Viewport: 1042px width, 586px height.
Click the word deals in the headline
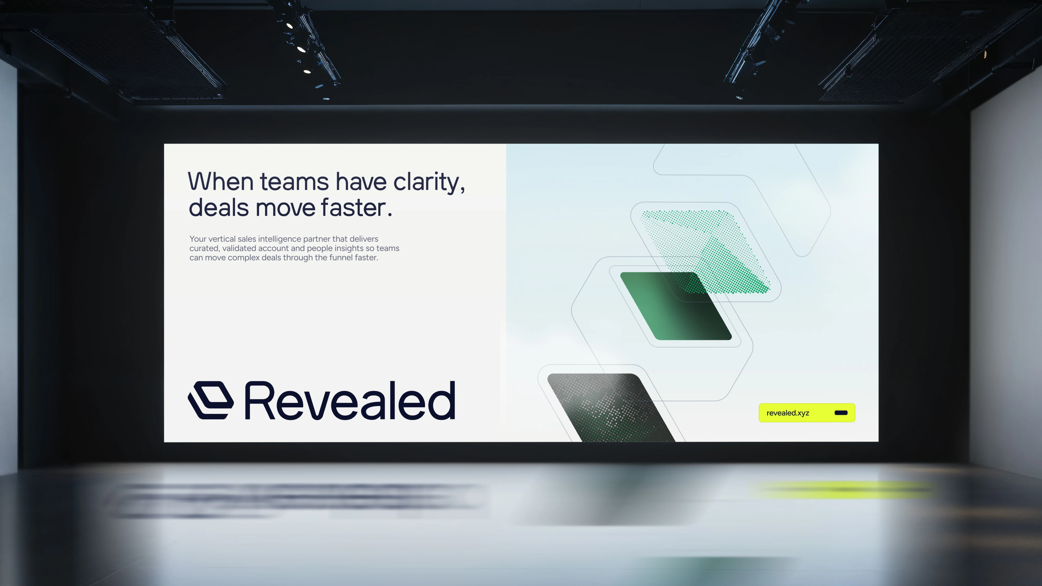click(x=218, y=208)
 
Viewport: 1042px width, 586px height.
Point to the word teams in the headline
click(x=294, y=182)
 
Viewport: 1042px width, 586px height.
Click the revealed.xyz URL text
click(x=787, y=413)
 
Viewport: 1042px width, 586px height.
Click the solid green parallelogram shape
click(x=676, y=306)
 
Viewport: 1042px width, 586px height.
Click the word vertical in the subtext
click(x=222, y=239)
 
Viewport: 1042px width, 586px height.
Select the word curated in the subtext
click(x=205, y=248)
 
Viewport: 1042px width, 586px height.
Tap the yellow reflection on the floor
click(x=846, y=489)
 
